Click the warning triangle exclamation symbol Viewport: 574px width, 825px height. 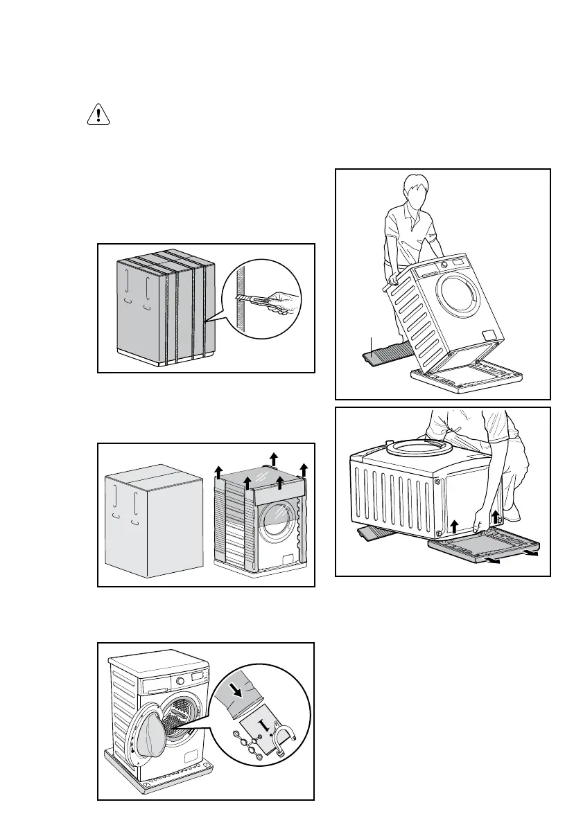point(98,114)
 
